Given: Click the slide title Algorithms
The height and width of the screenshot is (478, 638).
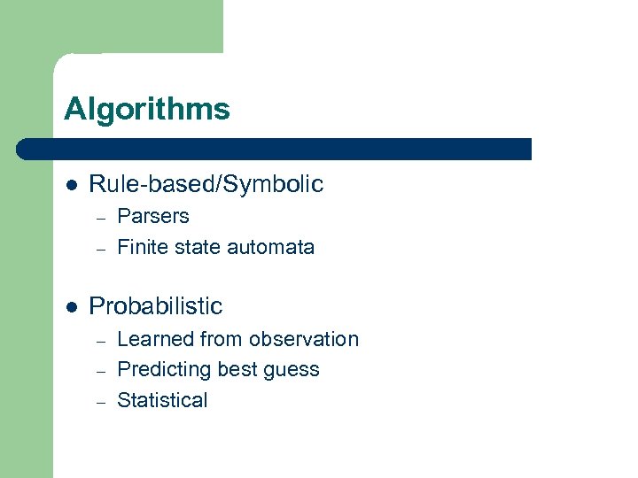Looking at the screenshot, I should (146, 110).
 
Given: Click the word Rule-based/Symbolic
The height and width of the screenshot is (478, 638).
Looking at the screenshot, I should (206, 184).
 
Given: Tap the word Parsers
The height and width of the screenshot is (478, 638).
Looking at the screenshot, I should (153, 217).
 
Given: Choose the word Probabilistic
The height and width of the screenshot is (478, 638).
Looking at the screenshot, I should (156, 306).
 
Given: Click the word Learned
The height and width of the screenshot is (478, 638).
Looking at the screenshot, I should (156, 339).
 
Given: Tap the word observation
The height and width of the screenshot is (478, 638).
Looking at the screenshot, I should (303, 339).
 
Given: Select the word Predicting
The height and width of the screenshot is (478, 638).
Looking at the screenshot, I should (164, 369).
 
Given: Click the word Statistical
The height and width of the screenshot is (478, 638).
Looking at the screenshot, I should (162, 400).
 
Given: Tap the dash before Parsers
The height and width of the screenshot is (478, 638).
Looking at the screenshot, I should (102, 218).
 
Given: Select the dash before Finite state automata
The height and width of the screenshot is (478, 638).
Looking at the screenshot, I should (102, 249).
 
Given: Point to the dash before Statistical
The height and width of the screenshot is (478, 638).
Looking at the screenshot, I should (102, 402).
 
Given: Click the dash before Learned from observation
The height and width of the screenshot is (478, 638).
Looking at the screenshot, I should (102, 341).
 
